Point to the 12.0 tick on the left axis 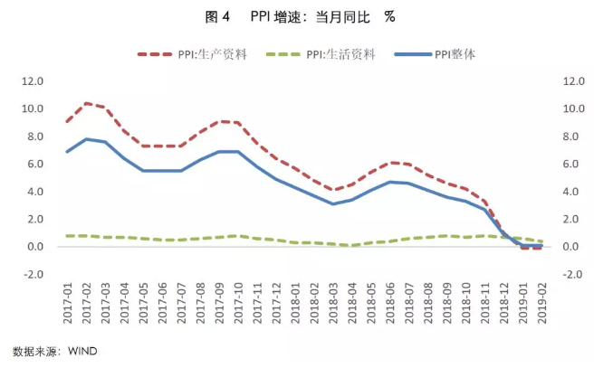(32, 80)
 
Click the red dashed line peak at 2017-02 (87, 103)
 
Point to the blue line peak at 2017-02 (87, 139)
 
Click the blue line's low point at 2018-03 (332, 203)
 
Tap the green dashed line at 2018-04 (352, 245)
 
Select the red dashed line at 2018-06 (391, 163)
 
